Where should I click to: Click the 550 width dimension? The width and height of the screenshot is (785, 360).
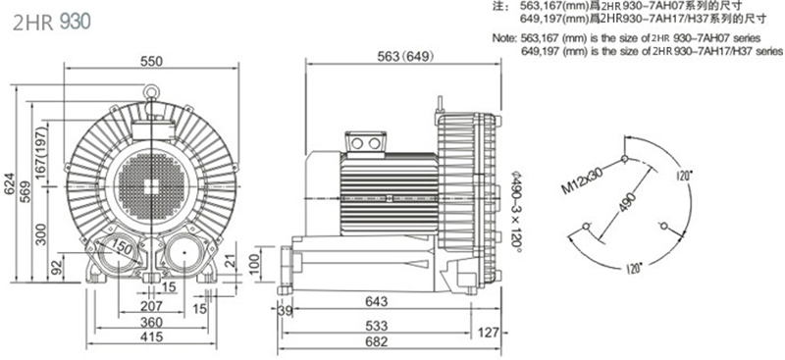click(x=152, y=61)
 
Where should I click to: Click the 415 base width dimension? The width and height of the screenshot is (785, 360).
click(x=151, y=336)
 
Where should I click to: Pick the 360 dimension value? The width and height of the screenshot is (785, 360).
click(x=151, y=322)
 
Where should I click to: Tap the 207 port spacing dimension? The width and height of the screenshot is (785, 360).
click(x=151, y=305)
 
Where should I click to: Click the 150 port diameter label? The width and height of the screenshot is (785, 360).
click(x=122, y=246)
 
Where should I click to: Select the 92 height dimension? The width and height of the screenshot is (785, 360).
click(x=58, y=266)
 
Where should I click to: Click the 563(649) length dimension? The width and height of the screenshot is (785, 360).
click(x=403, y=57)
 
